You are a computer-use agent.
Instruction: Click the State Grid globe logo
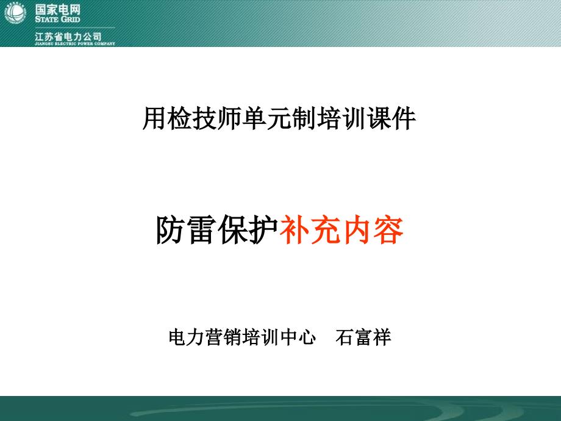(x=15, y=13)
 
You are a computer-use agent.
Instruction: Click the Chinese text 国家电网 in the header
(x=57, y=9)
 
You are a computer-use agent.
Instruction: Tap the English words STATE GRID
(x=57, y=19)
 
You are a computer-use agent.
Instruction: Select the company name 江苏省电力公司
(x=68, y=36)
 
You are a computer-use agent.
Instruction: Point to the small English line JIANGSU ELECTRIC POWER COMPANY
(x=75, y=44)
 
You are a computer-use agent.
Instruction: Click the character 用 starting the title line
(x=154, y=118)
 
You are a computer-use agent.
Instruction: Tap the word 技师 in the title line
(x=216, y=118)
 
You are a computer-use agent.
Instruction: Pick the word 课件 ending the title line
(x=391, y=118)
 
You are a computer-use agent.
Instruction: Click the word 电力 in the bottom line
(x=187, y=337)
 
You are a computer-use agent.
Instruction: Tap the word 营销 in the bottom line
(x=224, y=337)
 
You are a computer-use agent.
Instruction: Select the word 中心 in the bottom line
(x=298, y=337)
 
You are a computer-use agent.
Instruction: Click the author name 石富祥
(x=363, y=337)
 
